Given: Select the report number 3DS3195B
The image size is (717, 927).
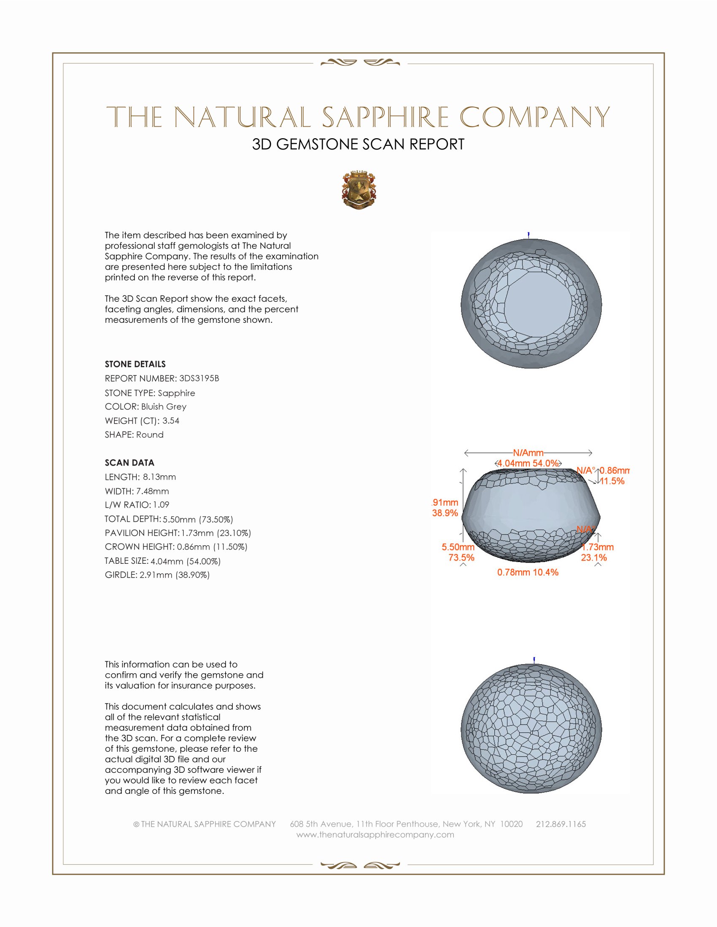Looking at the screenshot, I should [199, 378].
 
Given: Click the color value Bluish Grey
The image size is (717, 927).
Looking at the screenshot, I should [164, 406].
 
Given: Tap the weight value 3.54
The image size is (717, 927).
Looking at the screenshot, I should [171, 421].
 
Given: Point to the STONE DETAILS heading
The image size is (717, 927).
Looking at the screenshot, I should [135, 364].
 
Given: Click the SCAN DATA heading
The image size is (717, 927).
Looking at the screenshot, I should [129, 463].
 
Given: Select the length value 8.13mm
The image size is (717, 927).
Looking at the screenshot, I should [159, 477].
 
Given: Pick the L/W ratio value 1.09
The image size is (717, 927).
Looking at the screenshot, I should [161, 505].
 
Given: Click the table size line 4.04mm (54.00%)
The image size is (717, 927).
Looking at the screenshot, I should [185, 561].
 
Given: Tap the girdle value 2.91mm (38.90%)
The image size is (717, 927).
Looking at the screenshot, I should [175, 575].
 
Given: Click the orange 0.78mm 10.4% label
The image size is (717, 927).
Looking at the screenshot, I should [528, 572].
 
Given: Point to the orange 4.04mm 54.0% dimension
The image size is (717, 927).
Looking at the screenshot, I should [528, 463].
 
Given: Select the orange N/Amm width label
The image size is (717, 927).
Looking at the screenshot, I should [528, 453].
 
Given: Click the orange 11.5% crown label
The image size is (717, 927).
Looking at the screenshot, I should [612, 481].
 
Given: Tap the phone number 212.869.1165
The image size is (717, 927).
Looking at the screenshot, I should [561, 824].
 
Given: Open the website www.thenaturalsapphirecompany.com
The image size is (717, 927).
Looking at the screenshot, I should [375, 834].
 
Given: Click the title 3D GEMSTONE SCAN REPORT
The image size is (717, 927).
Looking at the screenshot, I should [358, 144].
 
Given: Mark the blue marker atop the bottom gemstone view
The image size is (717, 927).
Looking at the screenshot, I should [534, 659].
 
